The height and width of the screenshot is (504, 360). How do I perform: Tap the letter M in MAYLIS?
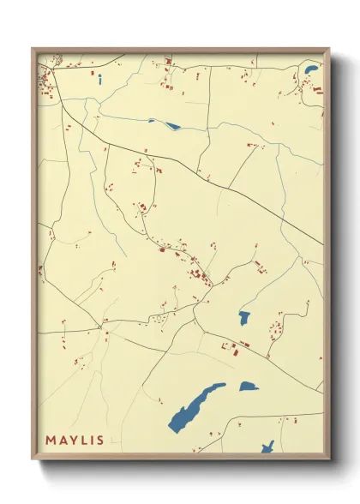coord(51,441)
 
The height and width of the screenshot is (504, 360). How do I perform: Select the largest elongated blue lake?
coord(196,403)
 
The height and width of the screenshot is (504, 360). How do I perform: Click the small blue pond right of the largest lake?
coord(249,387)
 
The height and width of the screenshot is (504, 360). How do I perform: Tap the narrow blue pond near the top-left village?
coord(100,81)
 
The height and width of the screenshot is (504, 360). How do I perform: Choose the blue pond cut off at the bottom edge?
coord(267,447)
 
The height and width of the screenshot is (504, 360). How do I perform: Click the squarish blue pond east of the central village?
coord(244,318)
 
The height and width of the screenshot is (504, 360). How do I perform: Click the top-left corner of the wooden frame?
coord(33,50)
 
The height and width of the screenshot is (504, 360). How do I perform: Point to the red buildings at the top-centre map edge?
coord(169,61)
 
